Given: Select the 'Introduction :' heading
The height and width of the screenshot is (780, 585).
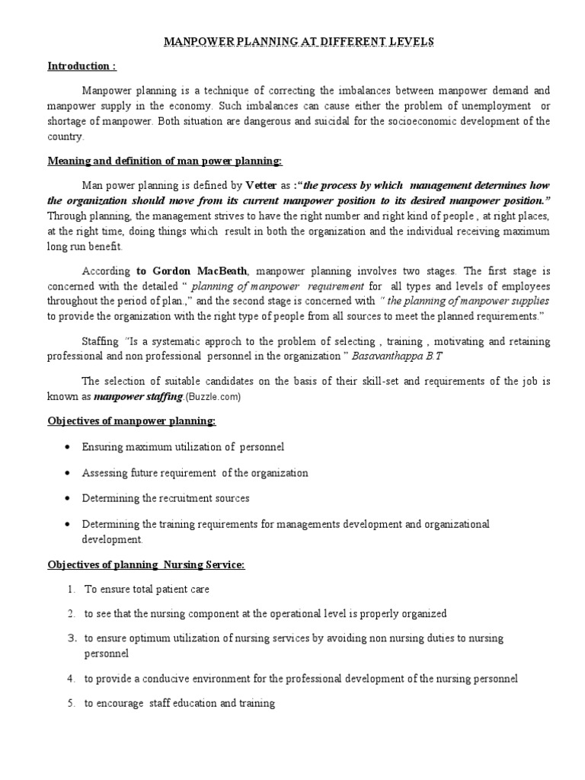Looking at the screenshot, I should click(x=82, y=66).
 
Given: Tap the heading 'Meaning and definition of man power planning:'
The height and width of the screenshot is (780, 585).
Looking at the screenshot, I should click(x=165, y=161).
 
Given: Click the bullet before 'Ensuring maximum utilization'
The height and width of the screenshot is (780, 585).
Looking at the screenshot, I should click(x=69, y=447).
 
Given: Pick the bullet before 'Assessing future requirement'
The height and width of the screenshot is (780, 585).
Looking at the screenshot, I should click(x=69, y=473).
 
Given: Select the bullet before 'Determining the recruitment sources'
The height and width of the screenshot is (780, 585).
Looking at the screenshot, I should click(x=69, y=498).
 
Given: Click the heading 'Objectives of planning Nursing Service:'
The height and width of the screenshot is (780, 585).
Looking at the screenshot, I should click(x=145, y=564).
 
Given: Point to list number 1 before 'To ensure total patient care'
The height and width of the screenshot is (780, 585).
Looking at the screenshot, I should click(x=70, y=590).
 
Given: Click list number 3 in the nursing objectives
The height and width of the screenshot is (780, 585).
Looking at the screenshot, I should click(x=70, y=638).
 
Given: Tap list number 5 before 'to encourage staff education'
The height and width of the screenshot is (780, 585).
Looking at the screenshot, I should click(x=70, y=704).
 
